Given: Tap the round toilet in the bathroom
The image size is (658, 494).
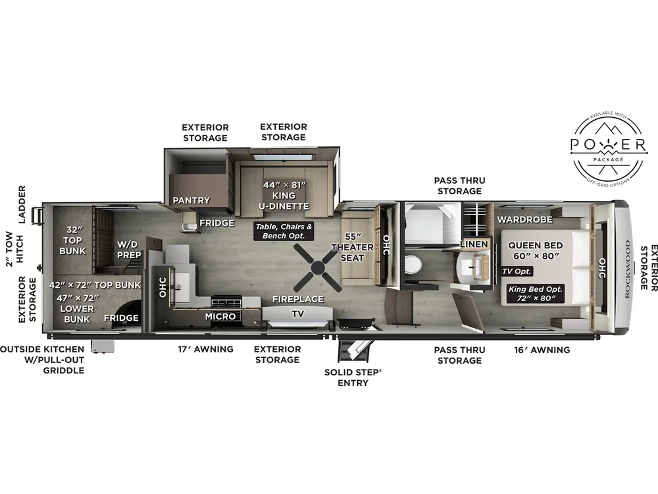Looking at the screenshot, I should click(413, 265).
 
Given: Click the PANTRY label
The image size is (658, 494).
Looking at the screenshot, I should click(191, 200).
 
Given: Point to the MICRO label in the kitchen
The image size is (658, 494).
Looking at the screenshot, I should click(220, 317).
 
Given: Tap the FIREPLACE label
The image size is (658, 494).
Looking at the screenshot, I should click(298, 299).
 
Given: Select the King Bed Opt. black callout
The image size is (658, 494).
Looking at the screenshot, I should click(535, 293).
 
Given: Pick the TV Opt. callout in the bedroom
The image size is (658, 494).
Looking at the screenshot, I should click(517, 271).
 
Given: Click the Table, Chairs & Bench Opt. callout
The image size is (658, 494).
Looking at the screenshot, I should click(284, 231).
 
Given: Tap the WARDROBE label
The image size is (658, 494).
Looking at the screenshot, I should click(524, 219).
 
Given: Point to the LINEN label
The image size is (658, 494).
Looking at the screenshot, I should click(474, 244).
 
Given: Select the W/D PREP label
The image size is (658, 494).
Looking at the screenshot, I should click(128, 250).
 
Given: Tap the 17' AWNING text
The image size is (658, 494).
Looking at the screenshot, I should click(205, 349).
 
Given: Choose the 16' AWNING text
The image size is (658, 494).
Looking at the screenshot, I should click(542, 350).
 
